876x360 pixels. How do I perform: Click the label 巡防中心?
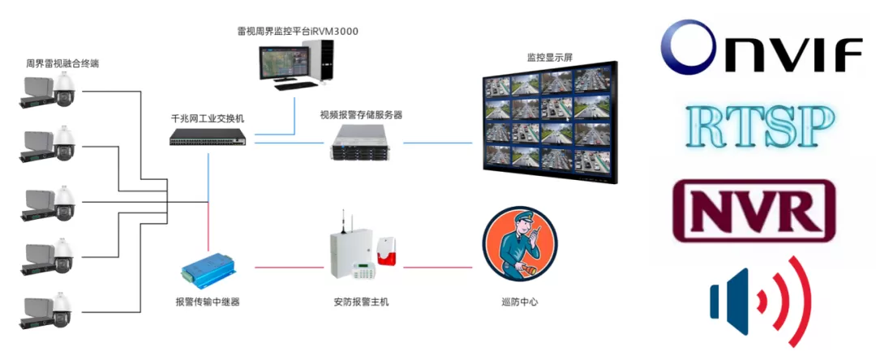pyautogui.click(x=520, y=302)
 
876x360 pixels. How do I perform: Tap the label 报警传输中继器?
pyautogui.click(x=208, y=302)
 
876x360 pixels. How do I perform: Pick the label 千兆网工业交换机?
pyautogui.click(x=208, y=119)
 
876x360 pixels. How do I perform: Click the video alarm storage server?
pyautogui.click(x=361, y=143)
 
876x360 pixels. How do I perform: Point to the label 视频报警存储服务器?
pyautogui.click(x=361, y=115)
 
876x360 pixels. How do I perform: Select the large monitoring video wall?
pyautogui.click(x=550, y=122)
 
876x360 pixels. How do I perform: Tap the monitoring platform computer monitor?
pyautogui.click(x=283, y=63)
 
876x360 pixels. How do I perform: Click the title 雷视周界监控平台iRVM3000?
pyautogui.click(x=297, y=32)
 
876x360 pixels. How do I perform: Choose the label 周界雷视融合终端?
pyautogui.click(x=62, y=63)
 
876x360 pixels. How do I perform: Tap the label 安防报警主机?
pyautogui.click(x=361, y=302)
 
